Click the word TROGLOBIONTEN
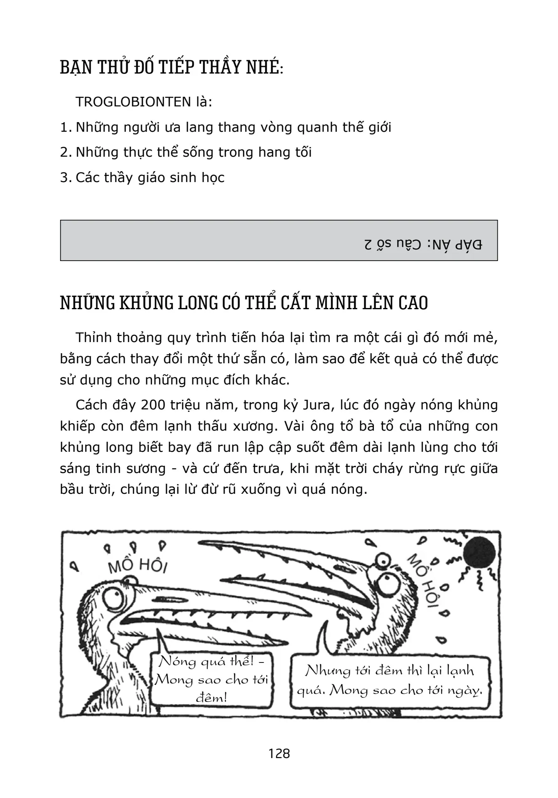pyautogui.click(x=133, y=102)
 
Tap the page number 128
pyautogui.click(x=279, y=753)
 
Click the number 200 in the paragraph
pyautogui.click(x=154, y=405)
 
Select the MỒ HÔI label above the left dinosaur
pyautogui.click(x=137, y=566)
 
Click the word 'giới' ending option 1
pyautogui.click(x=377, y=127)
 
